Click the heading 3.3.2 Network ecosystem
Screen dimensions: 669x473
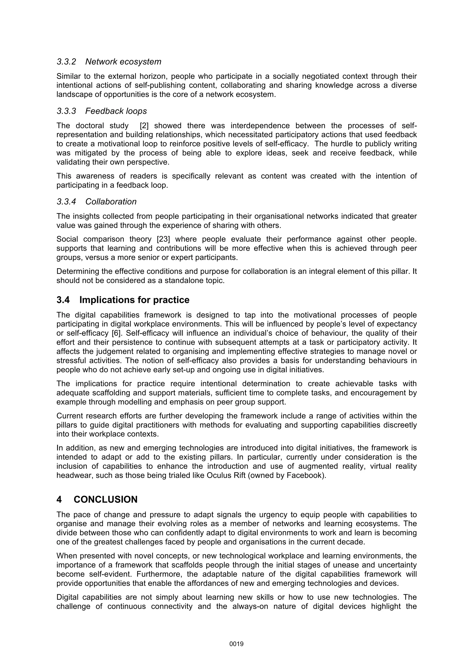pos(109,62)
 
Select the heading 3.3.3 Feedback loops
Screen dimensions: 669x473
pos(102,111)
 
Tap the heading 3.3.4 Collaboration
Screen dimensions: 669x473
pos(97,202)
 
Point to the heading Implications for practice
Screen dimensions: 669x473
pos(134,300)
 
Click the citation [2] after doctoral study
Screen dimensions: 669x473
pos(144,126)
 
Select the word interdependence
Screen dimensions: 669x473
pos(260,126)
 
